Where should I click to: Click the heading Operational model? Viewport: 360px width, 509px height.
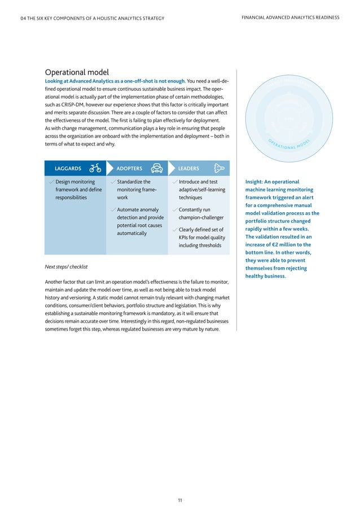[77, 72]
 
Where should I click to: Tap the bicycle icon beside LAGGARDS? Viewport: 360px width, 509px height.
[95, 168]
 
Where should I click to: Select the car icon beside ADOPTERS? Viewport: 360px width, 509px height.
[157, 168]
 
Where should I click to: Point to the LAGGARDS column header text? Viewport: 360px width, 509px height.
[68, 168]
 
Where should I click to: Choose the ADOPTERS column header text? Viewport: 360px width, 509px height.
[129, 168]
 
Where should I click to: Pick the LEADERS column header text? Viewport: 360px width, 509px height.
[188, 168]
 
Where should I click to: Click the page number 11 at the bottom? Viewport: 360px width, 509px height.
[179, 484]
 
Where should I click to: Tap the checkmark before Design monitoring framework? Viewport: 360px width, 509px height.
[51, 182]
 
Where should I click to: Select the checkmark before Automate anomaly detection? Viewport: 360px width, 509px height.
[113, 210]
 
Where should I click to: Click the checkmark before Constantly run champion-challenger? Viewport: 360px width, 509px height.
[174, 210]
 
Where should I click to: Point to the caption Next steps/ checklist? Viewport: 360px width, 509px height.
[66, 266]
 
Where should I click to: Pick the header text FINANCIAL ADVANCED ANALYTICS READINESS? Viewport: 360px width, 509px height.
[290, 18]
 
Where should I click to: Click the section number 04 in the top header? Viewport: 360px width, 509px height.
[23, 18]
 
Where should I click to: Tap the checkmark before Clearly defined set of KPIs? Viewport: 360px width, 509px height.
[174, 230]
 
